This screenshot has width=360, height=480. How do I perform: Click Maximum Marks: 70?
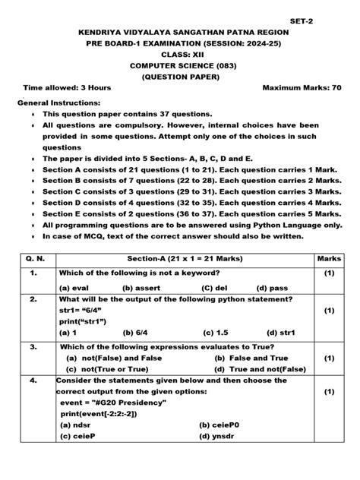(302, 87)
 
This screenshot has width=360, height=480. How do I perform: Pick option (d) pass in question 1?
(271, 288)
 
